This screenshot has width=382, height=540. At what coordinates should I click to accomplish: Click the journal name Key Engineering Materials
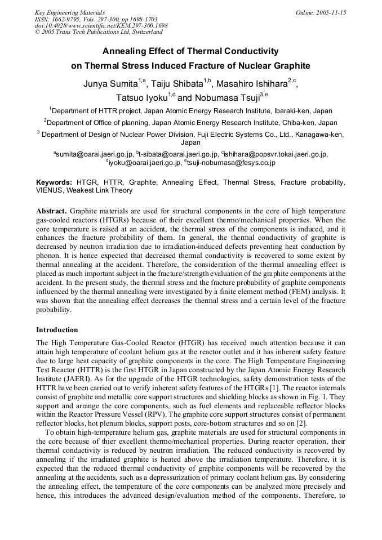(70, 12)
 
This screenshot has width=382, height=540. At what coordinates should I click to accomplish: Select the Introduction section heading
(57, 329)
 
